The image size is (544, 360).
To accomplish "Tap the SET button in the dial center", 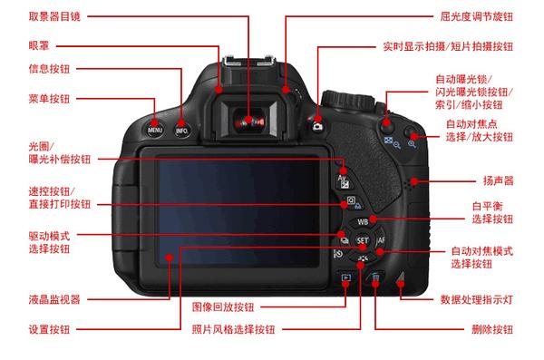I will [x=362, y=242].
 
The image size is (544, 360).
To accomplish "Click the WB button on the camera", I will [x=362, y=221].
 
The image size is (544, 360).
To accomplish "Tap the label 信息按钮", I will [x=47, y=69].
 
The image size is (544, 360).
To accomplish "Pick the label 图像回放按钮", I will [x=223, y=306].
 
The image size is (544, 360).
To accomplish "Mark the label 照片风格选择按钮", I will [x=240, y=329].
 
